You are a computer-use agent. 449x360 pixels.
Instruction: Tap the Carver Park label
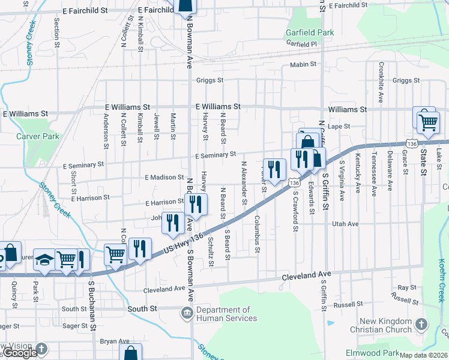click(x=38, y=136)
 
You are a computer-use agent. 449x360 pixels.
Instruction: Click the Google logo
click(x=20, y=353)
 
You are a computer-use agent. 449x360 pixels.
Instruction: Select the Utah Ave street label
click(x=345, y=224)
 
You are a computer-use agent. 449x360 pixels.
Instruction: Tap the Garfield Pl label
click(x=301, y=44)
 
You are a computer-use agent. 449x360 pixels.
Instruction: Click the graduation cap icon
click(x=44, y=259)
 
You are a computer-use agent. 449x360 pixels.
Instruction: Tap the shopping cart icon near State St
click(x=427, y=122)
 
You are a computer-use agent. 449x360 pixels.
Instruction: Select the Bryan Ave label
click(x=115, y=341)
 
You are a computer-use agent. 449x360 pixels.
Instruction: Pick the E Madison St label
click(x=164, y=177)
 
